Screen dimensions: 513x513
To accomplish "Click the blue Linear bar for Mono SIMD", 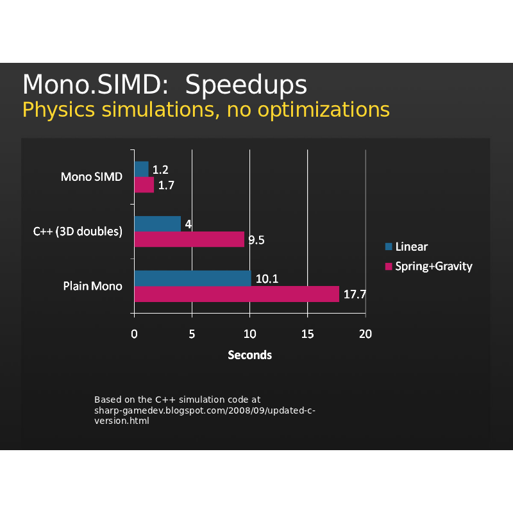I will point(141,169).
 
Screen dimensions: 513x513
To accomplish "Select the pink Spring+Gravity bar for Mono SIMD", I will point(144,185).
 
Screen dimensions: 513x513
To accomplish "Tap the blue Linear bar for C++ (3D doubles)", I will point(157,224).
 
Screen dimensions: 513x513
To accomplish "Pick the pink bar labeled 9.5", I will point(189,239).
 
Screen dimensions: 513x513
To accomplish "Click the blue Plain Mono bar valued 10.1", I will point(192,278).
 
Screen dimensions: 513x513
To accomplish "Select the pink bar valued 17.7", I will point(236,294).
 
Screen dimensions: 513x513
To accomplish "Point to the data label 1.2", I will point(160,170).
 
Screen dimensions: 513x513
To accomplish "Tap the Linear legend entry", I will point(411,246).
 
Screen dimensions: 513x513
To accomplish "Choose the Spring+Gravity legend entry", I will point(433,265).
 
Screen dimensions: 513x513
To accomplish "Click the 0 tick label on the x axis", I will point(134,333).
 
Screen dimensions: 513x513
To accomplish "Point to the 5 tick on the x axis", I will point(192,333).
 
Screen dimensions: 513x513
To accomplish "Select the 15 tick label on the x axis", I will point(308,333).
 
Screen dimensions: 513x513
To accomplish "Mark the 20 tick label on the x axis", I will point(366,333).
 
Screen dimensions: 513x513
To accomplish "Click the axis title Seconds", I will point(250,355).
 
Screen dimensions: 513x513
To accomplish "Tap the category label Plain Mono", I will point(92,286).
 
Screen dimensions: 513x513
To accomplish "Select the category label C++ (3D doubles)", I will point(78,231).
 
